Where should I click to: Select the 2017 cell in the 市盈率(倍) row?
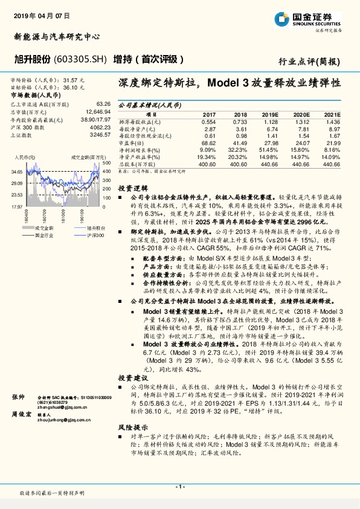click(208, 141)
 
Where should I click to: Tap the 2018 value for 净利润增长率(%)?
click(240, 149)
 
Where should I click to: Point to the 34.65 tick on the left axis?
click(17, 172)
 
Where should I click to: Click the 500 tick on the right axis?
click(106, 163)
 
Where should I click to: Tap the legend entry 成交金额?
click(43, 228)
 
